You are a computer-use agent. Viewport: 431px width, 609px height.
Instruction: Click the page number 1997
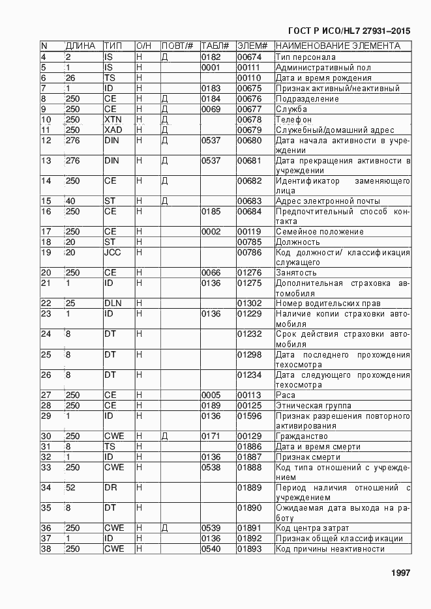tap(400, 573)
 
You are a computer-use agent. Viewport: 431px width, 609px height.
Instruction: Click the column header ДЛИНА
tap(80, 46)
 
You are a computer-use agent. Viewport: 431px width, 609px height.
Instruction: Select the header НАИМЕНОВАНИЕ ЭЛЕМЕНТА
tap(338, 46)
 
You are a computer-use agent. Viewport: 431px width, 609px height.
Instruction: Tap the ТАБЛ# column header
tap(215, 46)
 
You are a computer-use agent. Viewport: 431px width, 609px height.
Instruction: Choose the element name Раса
tap(286, 395)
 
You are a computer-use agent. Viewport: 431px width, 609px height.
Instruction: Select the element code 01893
tap(248, 549)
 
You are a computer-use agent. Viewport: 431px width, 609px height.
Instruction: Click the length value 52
tap(70, 488)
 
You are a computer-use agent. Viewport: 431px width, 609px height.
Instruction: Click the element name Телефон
tap(293, 120)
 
